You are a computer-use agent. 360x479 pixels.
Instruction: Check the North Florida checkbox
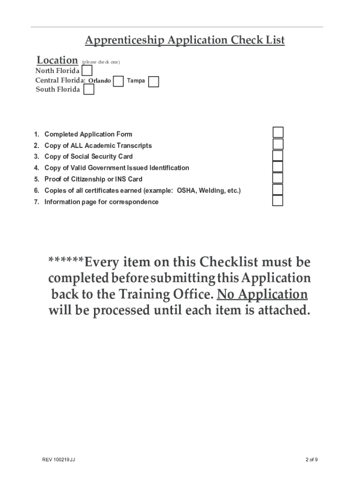[87, 71]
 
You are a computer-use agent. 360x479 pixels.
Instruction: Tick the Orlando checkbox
[118, 81]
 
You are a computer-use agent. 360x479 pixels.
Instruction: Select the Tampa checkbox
[153, 82]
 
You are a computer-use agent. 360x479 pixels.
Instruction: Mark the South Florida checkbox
[88, 90]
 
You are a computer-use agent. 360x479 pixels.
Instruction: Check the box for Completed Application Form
[278, 132]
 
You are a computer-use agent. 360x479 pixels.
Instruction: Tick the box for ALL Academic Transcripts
[278, 144]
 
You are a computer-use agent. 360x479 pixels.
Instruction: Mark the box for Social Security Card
[278, 155]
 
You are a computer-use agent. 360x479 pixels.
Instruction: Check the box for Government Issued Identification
[278, 167]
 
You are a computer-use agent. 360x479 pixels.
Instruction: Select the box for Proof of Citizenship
[278, 178]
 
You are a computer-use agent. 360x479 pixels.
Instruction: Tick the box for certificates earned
[278, 189]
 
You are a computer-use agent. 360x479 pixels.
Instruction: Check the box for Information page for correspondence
[278, 201]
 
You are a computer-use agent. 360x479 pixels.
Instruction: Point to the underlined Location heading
[57, 60]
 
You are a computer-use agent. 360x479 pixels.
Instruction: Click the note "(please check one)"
[101, 62]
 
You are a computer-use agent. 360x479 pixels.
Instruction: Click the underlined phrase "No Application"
[262, 294]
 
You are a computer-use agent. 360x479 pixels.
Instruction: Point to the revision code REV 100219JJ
[58, 460]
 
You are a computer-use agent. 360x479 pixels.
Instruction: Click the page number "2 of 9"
[310, 460]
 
